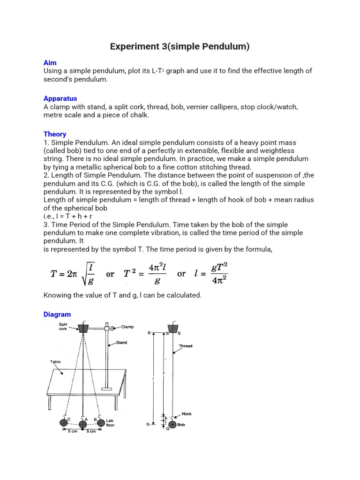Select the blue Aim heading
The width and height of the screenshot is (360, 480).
pos(50,63)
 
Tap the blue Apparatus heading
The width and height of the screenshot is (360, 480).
pos(60,98)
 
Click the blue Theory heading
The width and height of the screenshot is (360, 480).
pos(55,134)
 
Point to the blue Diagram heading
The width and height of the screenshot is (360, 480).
pos(57,315)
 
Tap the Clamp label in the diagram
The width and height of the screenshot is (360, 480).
pos(127,327)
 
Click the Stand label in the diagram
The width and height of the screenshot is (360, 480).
pos(121,343)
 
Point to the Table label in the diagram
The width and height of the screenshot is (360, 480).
pos(55,362)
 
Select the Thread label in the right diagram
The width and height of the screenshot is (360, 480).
pos(186,346)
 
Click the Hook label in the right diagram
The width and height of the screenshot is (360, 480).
pos(187,414)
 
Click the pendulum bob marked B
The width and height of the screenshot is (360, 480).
pos(99,422)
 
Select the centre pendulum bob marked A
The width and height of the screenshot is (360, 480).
pos(82,425)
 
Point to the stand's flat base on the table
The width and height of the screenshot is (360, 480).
pos(107,389)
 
